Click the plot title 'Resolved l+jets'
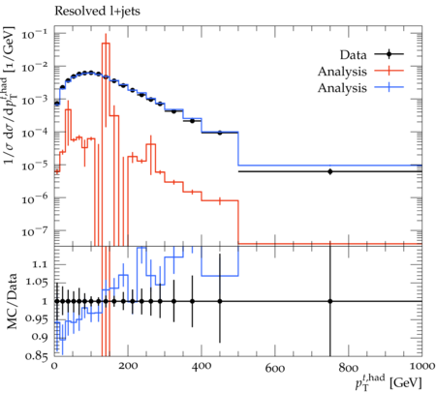[97, 12]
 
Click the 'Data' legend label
[353, 55]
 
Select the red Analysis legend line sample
[389, 71]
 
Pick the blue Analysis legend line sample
[389, 87]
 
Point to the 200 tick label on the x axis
[128, 366]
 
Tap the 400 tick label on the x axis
[202, 366]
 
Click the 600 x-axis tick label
[275, 367]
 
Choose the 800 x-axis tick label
[349, 367]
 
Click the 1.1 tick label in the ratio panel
[40, 264]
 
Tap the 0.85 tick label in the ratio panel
[36, 356]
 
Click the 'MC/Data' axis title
[12, 301]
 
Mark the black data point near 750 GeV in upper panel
[330, 171]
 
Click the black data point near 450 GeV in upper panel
[220, 133]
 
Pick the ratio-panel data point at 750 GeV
[330, 301]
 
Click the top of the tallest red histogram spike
[106, 43]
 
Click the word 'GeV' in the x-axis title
[406, 383]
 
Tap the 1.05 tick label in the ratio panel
[36, 283]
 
